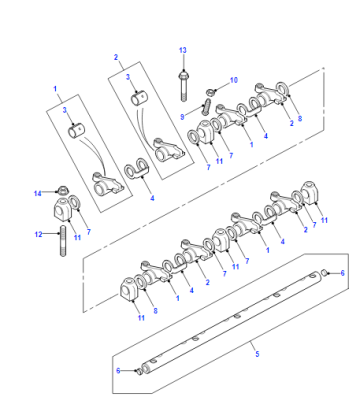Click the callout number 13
[x=183, y=50]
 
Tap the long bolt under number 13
[x=183, y=86]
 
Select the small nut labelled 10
[x=210, y=91]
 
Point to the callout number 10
[x=234, y=80]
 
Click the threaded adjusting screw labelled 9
[x=206, y=107]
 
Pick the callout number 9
[x=182, y=117]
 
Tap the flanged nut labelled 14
[x=61, y=191]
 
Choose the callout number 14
[x=38, y=193]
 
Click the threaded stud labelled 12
[x=63, y=241]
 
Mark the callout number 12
[x=38, y=234]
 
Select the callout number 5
[x=257, y=354]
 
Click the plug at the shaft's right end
[x=323, y=274]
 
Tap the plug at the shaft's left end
[x=138, y=371]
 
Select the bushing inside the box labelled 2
[x=140, y=98]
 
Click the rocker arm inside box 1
[x=108, y=184]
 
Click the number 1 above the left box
[x=55, y=89]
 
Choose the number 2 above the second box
[x=116, y=57]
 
